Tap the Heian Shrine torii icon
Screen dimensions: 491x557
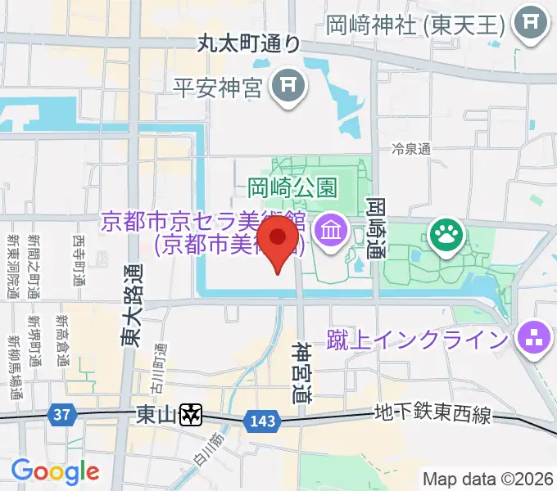288,83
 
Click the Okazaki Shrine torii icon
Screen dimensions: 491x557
531,23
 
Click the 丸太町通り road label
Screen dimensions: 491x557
248,44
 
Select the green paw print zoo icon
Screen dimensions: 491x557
447,236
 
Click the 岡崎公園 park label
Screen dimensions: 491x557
292,187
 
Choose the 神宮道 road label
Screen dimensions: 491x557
302,372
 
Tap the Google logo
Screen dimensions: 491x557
55,471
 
